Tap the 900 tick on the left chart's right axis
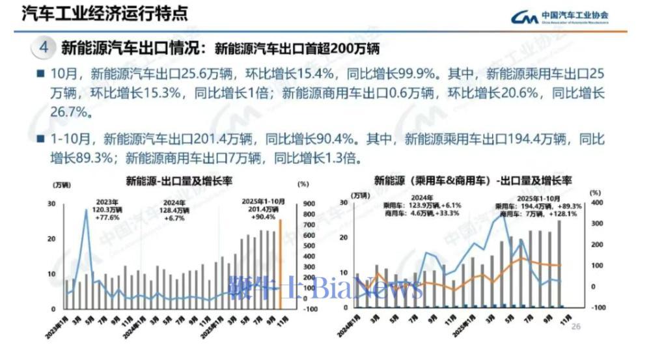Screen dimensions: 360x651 (x=309, y=204)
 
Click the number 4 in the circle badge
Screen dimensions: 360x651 (x=44, y=48)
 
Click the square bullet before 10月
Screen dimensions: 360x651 (x=40, y=74)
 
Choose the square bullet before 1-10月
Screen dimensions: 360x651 (x=40, y=139)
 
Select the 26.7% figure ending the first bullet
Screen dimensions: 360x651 (x=70, y=113)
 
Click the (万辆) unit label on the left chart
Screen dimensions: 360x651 (x=59, y=188)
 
